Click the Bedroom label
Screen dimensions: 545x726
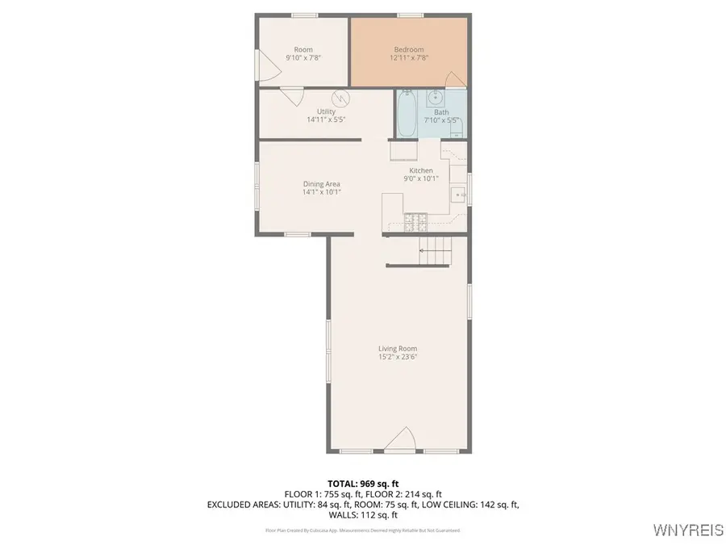(408, 49)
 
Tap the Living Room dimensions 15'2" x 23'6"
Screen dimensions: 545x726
(398, 357)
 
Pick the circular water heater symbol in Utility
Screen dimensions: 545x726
(344, 99)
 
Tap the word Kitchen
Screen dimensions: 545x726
(421, 170)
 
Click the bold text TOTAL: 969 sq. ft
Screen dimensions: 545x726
(362, 484)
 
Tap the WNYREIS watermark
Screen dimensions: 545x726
(690, 530)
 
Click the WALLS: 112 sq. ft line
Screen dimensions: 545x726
(362, 514)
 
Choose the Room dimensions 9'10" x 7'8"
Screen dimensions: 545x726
(303, 58)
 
